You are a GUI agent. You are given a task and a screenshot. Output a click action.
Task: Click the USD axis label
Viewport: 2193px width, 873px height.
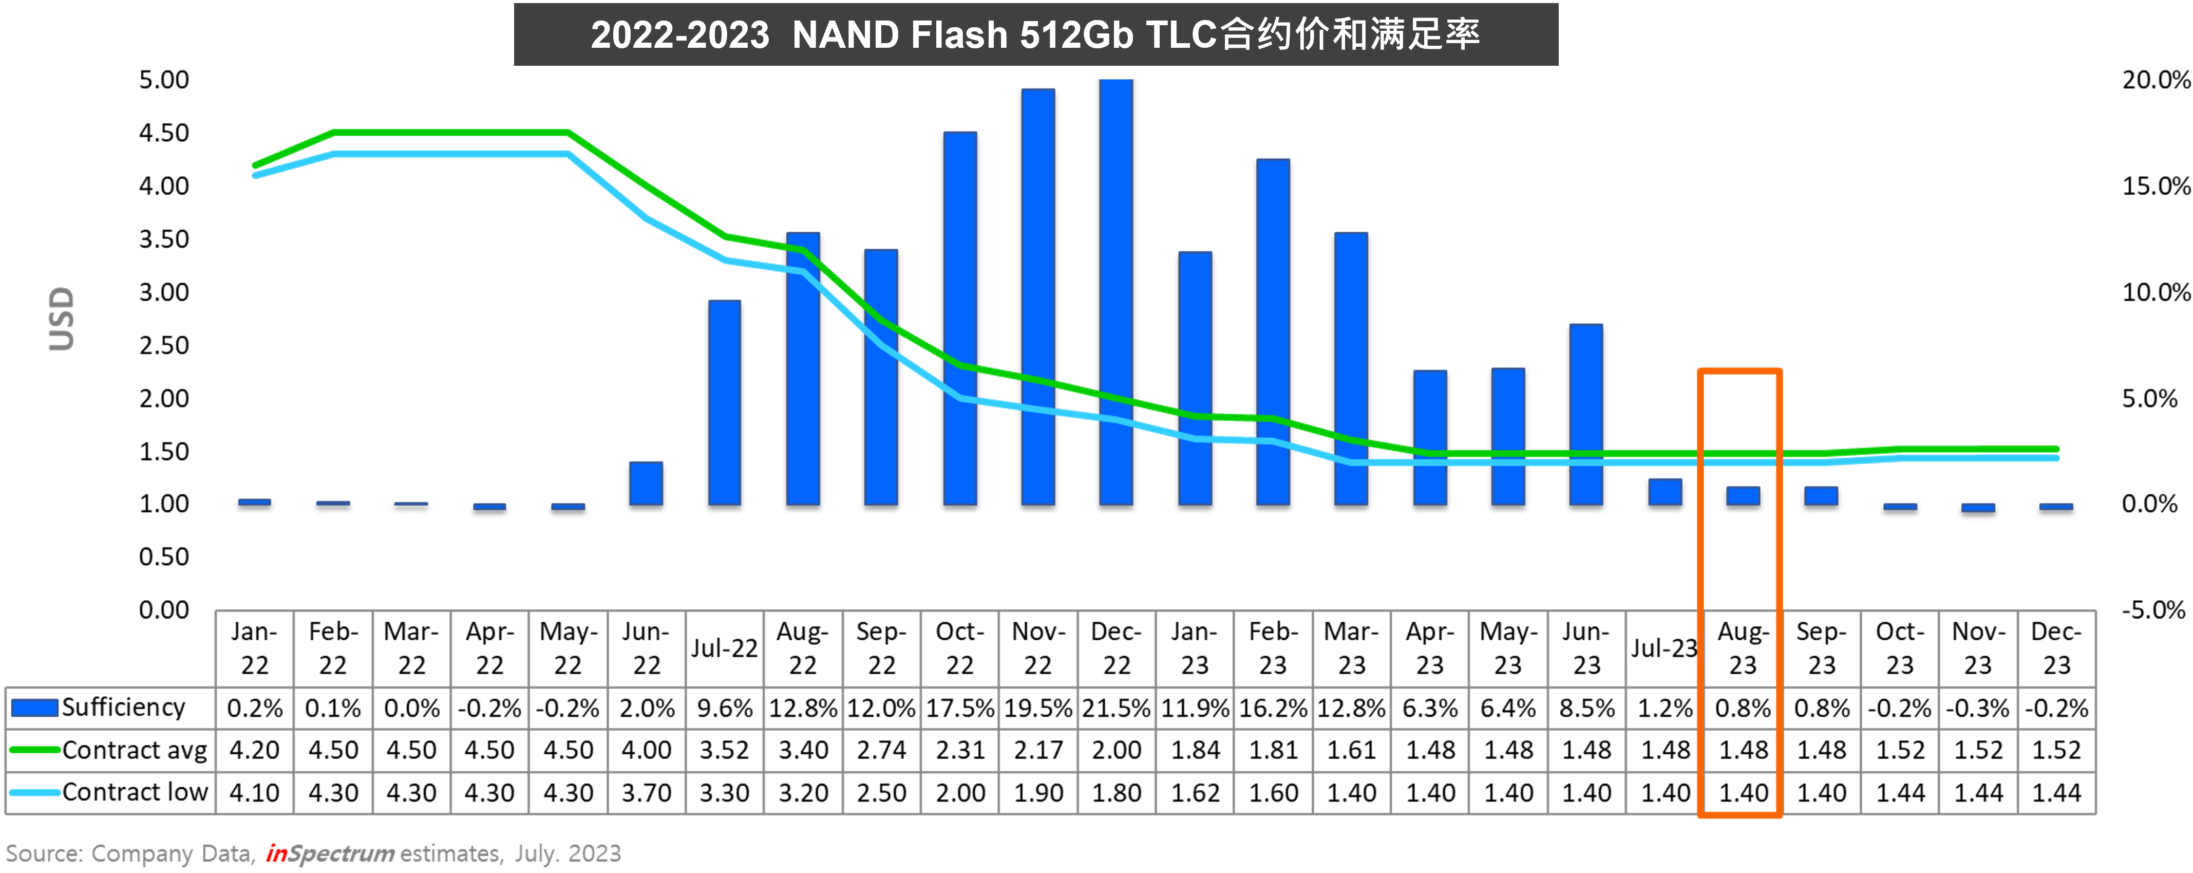click(61, 319)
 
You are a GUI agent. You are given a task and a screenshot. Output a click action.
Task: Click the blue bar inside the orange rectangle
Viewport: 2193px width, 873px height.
click(1743, 496)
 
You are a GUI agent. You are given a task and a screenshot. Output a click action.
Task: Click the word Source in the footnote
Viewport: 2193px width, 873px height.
click(43, 853)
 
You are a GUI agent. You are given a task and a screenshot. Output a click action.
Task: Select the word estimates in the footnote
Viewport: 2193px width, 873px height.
click(449, 853)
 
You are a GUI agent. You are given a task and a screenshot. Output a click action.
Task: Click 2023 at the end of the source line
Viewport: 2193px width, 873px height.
click(594, 853)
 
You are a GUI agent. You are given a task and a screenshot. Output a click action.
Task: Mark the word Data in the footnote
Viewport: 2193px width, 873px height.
click(225, 853)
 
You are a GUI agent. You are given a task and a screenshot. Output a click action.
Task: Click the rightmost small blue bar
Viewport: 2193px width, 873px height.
click(2056, 507)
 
